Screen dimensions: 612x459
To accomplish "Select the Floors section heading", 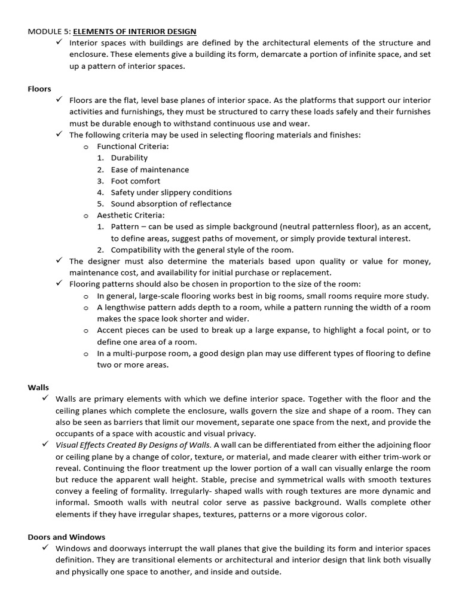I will coord(39,88).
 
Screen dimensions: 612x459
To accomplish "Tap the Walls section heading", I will coord(38,387).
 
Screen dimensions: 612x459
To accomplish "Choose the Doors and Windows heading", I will coord(66,537).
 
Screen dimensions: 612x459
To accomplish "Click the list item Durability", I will coord(129,158).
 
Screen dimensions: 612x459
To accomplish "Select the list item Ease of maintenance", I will coord(149,170).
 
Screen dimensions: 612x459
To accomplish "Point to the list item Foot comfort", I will coord(136,181).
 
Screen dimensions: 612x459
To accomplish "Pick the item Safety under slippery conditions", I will coord(171,192).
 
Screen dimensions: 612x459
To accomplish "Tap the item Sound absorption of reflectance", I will coord(171,204).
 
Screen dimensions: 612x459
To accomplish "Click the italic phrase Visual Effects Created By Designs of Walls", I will coord(133,445).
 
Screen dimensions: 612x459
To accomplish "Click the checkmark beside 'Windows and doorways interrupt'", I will coord(45,547).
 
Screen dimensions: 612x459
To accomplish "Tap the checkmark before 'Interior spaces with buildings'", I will coord(59,42).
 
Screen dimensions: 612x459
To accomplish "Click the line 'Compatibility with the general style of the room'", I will coord(202,250).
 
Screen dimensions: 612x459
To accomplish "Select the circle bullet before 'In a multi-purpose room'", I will coord(86,354).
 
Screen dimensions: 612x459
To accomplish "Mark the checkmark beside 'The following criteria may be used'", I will coord(59,134).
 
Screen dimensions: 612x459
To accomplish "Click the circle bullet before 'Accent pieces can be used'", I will coord(86,331).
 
